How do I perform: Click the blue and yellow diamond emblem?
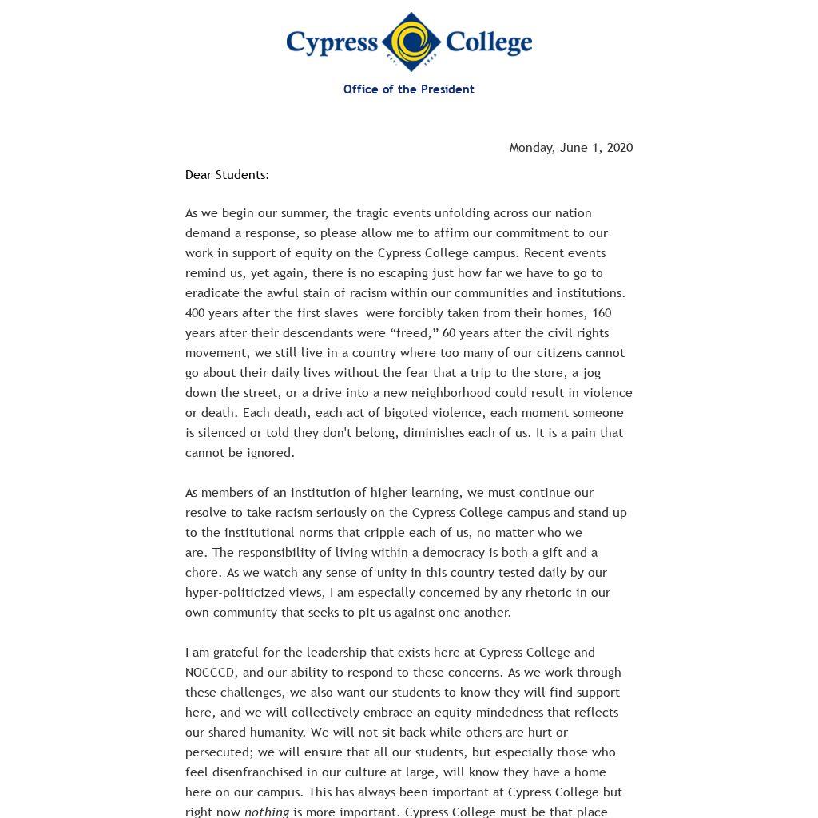point(411,42)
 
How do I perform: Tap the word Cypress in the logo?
point(332,42)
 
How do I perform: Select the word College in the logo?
point(488,42)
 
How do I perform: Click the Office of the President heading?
point(408,89)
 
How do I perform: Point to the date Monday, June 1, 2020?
point(570,148)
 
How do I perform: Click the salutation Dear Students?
point(227,175)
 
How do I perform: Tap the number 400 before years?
point(196,313)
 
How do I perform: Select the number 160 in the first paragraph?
point(602,313)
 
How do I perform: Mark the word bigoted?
point(407,413)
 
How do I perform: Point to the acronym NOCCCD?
point(210,673)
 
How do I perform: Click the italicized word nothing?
point(267,812)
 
